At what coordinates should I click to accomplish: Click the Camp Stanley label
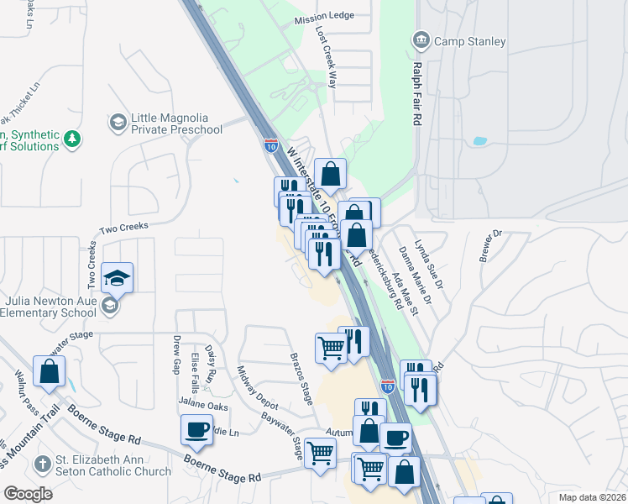[x=469, y=40]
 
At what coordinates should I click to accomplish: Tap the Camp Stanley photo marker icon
[x=420, y=40]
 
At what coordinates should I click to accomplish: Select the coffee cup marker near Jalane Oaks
[x=196, y=431]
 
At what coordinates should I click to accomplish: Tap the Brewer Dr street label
[x=489, y=244]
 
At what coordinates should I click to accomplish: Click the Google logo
[x=28, y=493]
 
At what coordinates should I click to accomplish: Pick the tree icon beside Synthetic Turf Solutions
[x=74, y=139]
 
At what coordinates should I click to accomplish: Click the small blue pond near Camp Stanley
[x=479, y=141]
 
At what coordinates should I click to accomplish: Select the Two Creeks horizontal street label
[x=123, y=228]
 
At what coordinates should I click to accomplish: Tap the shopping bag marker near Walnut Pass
[x=50, y=371]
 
